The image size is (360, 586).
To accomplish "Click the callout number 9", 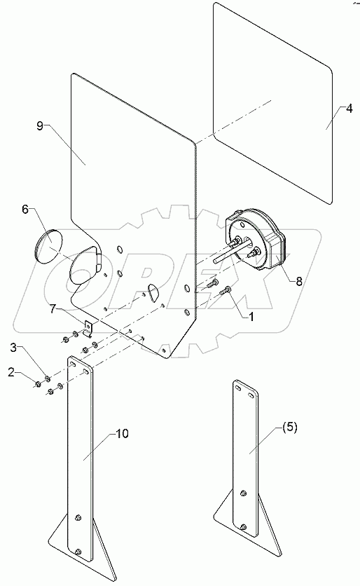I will coord(40,126).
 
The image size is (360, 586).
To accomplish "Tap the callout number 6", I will coord(25,209).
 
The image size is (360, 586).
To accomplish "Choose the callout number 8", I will coord(298,282).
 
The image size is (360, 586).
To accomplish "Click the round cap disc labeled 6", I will coord(48,245).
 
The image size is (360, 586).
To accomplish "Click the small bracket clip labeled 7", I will coord(88,327).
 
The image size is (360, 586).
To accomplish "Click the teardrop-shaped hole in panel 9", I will coord(154,290).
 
